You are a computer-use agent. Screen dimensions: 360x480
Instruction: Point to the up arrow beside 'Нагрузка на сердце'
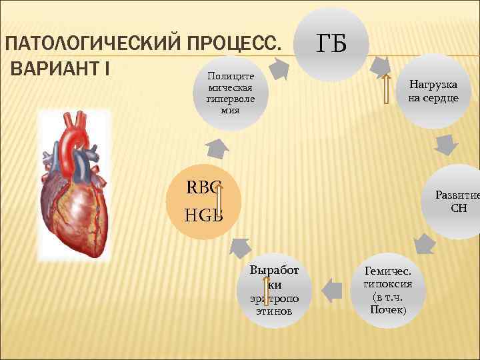pyautogui.click(x=386, y=89)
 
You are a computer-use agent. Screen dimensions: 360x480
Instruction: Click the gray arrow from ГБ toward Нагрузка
pyautogui.click(x=381, y=65)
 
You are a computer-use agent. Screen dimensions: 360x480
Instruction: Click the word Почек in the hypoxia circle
pyautogui.click(x=388, y=311)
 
